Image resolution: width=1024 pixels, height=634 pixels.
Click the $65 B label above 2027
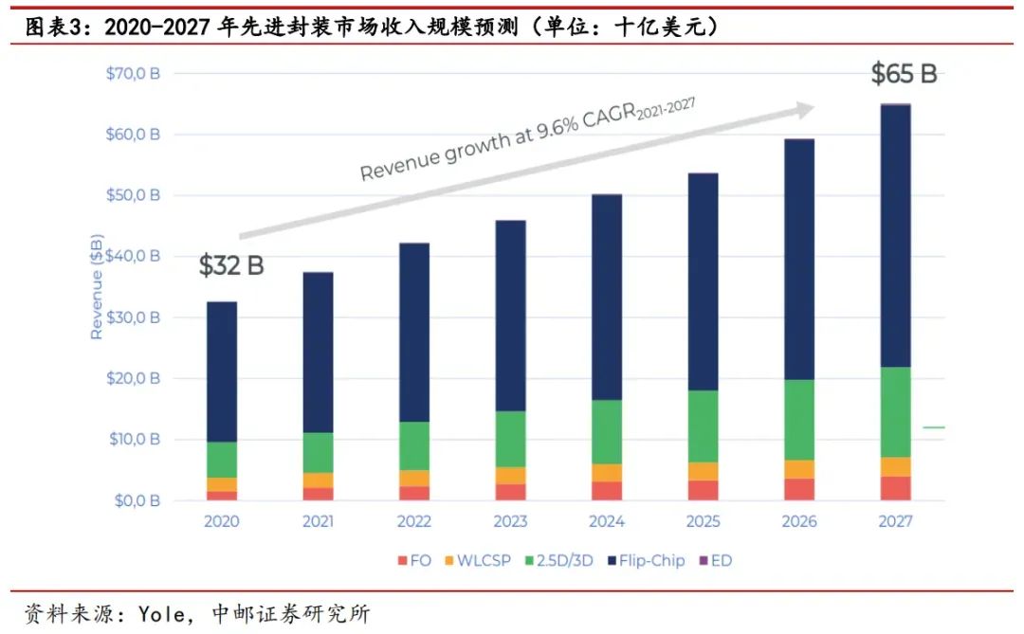tap(904, 74)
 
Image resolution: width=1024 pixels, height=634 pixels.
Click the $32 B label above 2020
tap(231, 266)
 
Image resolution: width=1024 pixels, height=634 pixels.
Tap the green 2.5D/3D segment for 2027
tap(894, 411)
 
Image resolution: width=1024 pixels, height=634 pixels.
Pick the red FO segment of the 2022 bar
tap(414, 493)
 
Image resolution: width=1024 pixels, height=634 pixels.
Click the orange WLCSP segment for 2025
tap(703, 471)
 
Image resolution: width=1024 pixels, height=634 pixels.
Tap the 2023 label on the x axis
tap(510, 521)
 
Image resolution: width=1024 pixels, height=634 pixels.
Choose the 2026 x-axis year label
tap(798, 521)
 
